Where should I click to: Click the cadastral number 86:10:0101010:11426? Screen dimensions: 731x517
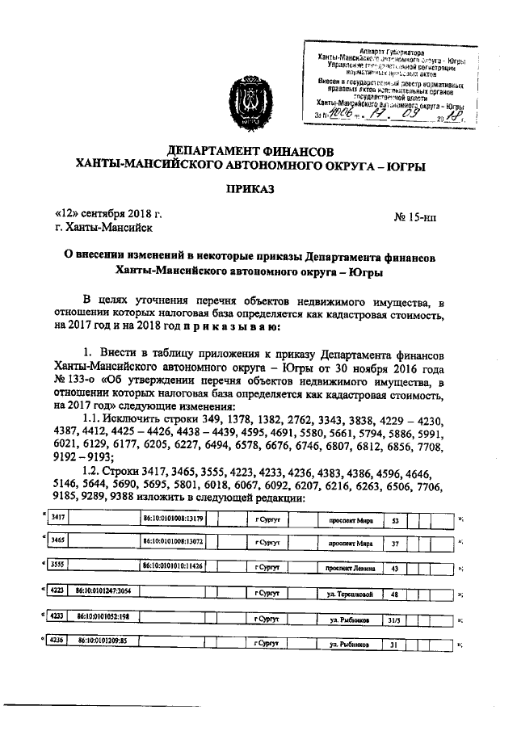(173, 567)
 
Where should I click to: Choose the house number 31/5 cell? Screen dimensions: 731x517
(394, 620)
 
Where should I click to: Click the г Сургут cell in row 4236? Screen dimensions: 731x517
(266, 645)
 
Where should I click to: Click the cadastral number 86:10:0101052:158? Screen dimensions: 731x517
(104, 620)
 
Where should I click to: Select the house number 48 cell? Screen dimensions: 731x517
(394, 594)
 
